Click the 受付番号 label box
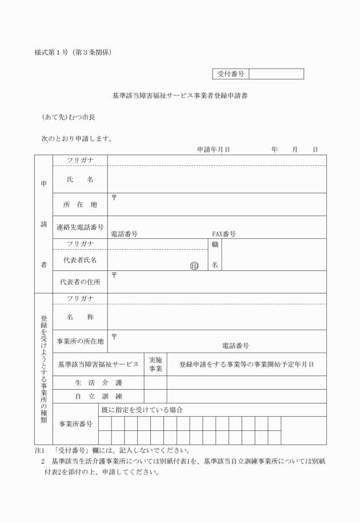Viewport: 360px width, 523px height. click(x=231, y=74)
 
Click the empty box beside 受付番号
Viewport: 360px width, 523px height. click(x=276, y=74)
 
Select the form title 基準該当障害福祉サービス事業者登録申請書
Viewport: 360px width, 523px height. click(x=180, y=95)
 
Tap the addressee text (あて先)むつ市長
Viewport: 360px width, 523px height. click(x=68, y=117)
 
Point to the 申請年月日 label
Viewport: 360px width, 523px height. click(x=213, y=149)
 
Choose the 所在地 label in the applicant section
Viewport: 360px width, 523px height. click(x=80, y=205)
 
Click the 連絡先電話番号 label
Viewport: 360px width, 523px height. click(x=80, y=227)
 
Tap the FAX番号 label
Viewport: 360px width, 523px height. click(x=224, y=234)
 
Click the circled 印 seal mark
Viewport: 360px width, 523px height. click(x=195, y=265)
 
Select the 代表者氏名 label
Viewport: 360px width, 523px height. click(x=80, y=260)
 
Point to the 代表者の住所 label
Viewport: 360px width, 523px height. click(x=80, y=282)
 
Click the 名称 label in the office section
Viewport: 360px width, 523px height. click(x=80, y=317)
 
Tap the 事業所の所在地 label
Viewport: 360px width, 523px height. click(x=80, y=341)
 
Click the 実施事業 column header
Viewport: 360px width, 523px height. click(x=155, y=364)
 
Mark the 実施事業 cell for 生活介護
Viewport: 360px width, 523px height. click(x=155, y=382)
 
